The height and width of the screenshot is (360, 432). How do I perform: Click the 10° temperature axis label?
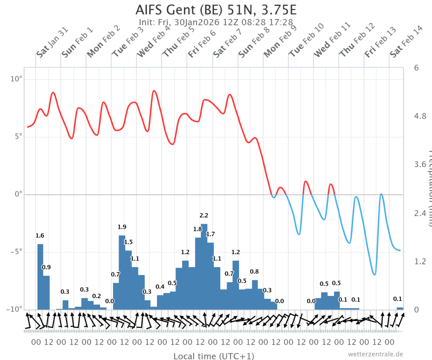[16, 79]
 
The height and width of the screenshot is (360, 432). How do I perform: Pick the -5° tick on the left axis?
[16, 252]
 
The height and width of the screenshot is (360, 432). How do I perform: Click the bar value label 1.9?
[122, 227]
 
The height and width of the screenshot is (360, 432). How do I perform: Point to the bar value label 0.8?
[254, 271]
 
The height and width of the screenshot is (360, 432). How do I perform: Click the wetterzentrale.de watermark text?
[376, 354]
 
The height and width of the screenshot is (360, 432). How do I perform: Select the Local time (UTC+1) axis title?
[214, 356]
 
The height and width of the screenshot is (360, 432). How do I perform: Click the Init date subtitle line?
[216, 22]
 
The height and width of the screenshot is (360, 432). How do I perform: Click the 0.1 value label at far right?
[397, 299]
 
